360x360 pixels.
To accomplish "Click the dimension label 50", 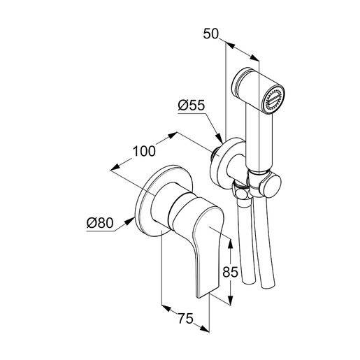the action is point(210,34).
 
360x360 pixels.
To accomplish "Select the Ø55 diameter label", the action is point(192,106).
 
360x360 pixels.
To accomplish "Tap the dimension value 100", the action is point(144,151).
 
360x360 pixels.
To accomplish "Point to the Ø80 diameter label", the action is point(100,223).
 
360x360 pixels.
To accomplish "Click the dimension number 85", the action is point(230,272).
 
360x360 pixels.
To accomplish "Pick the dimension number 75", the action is point(186,318).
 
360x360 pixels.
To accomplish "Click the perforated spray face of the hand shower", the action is point(273,99).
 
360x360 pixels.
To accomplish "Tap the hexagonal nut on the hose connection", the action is point(240,191).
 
